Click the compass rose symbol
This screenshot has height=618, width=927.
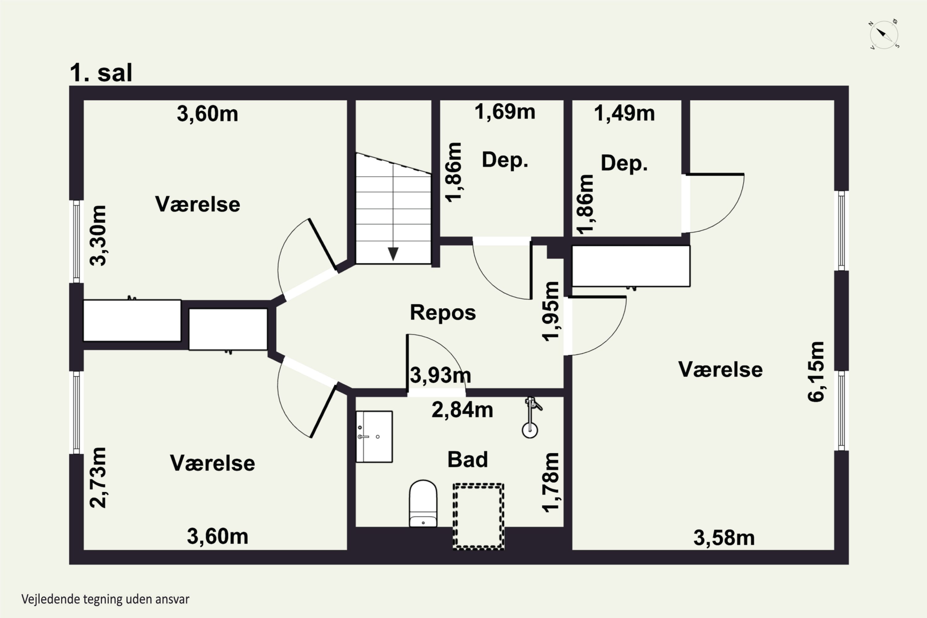point(884,34)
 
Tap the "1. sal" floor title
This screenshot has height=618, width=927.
point(101,73)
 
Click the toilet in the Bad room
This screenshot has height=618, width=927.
point(423,503)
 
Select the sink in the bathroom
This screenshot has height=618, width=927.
point(374,436)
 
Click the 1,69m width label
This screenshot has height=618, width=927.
point(505,112)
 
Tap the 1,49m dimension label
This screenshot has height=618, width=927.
point(624,113)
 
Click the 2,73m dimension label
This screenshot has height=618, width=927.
point(98,477)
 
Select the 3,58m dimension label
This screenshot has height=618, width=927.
point(724,538)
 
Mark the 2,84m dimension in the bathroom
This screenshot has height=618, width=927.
point(462,410)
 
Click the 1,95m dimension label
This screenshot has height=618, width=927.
point(551,311)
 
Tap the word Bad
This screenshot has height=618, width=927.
point(468,459)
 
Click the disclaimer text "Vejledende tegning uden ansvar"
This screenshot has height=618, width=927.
point(105,599)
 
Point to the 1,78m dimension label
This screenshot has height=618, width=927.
point(551,482)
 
